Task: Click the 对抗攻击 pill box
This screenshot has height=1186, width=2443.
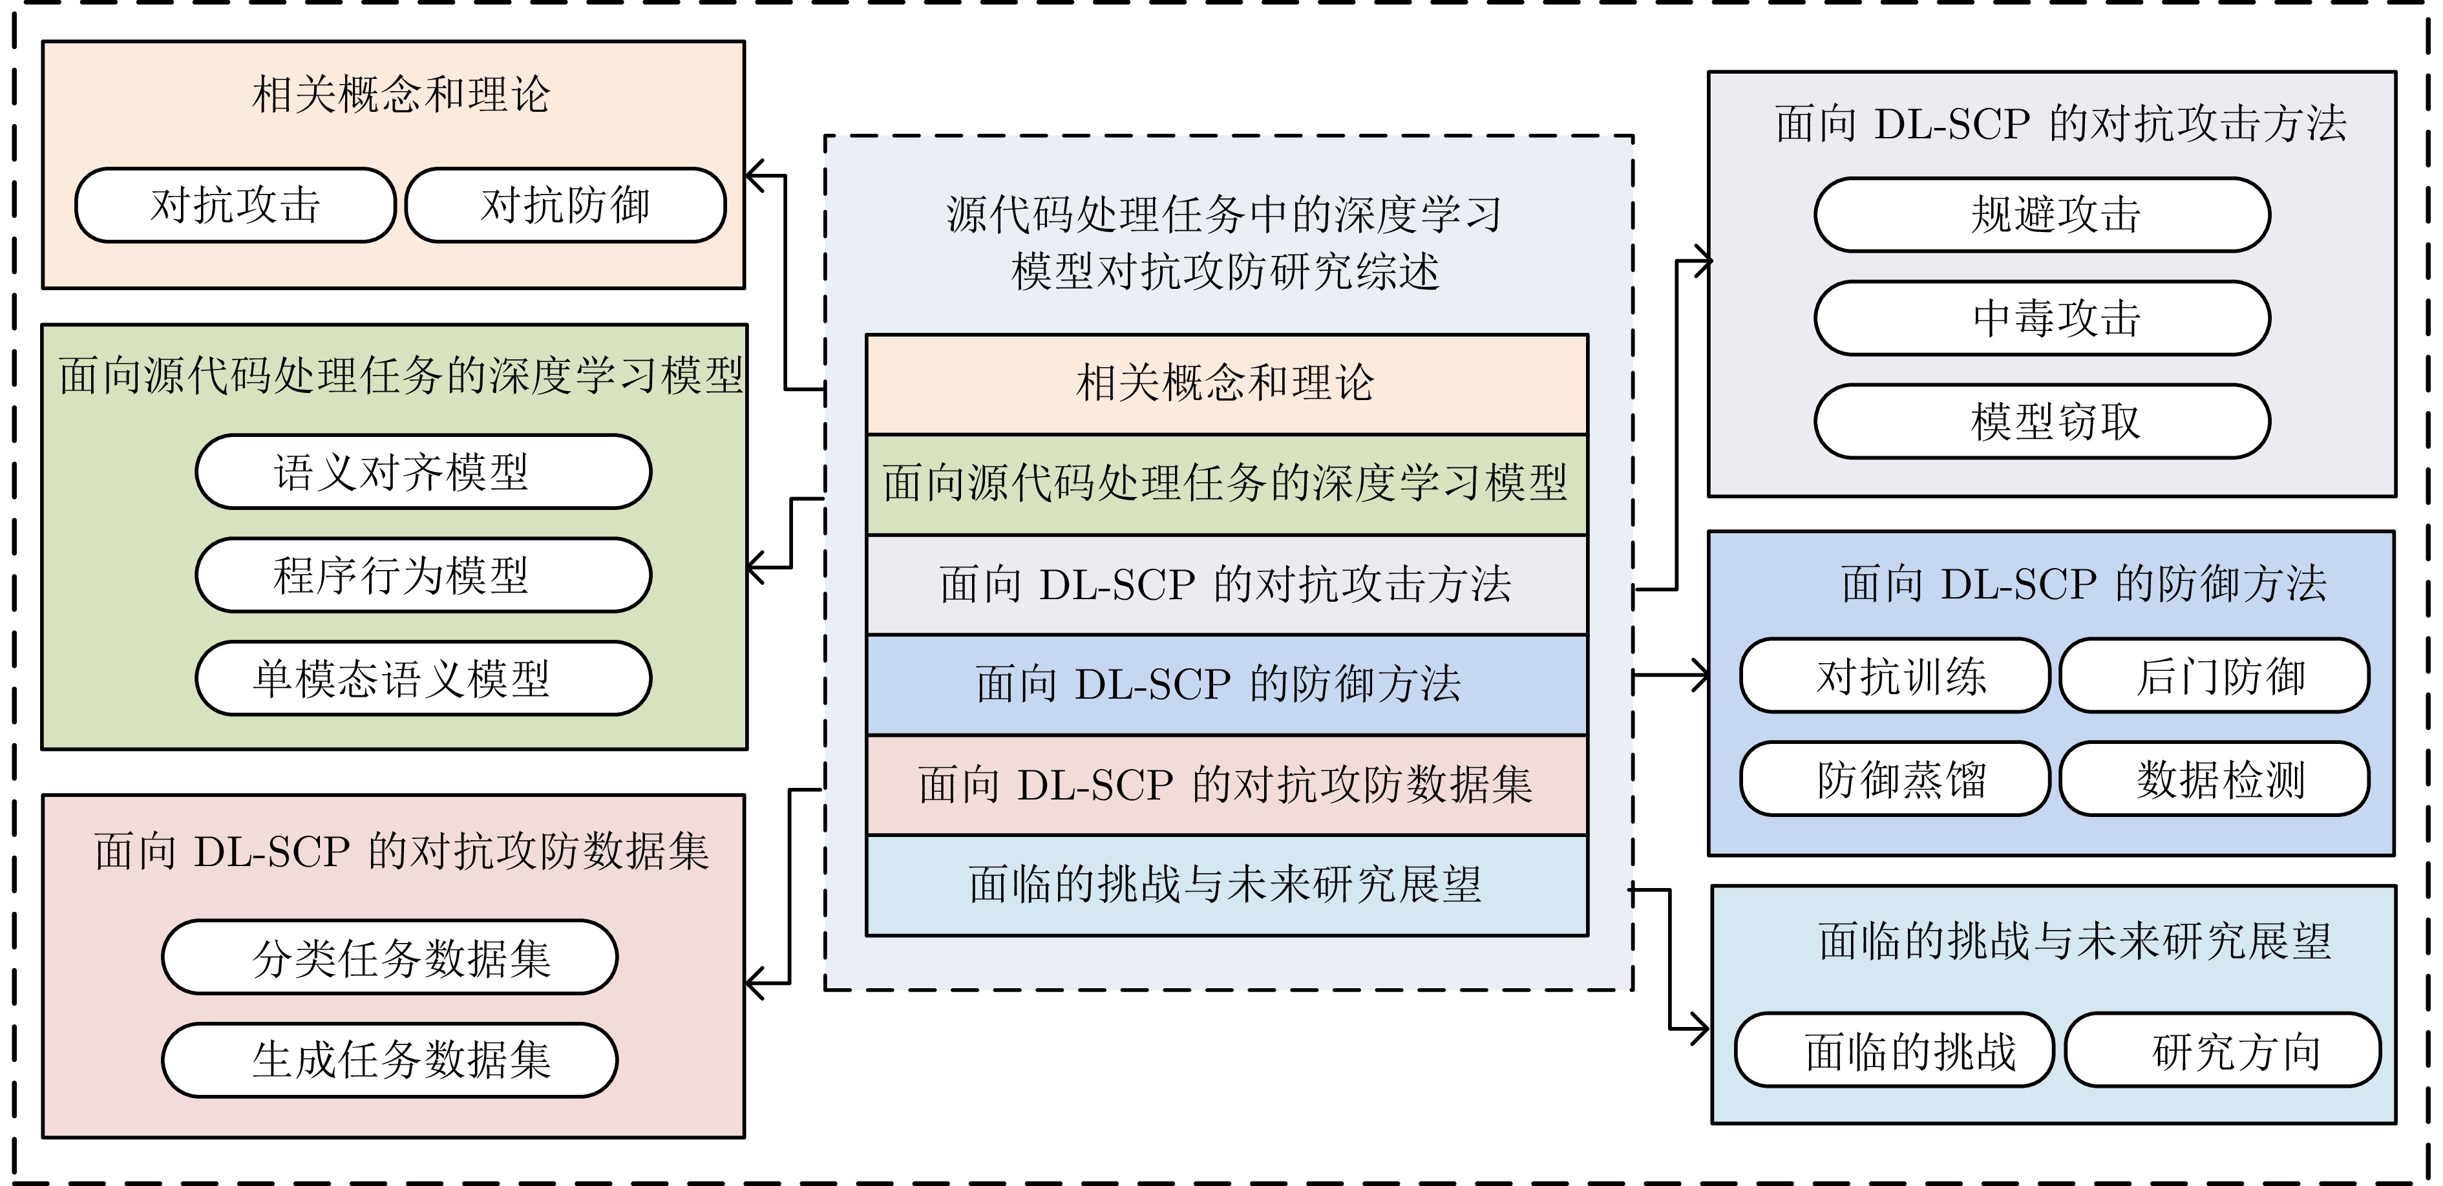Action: point(235,206)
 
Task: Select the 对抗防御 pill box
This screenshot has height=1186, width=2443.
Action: point(566,206)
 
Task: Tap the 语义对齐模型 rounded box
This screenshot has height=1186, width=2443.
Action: point(423,472)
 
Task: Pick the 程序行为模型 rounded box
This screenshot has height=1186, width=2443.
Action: point(423,575)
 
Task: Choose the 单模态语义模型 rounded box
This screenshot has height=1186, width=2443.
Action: point(423,679)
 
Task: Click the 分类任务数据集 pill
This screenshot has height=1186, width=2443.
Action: point(390,957)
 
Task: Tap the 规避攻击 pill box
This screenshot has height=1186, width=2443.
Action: point(2042,215)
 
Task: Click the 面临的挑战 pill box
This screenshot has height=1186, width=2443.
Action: point(1894,1050)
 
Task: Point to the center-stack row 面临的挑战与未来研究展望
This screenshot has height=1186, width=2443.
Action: point(1226,885)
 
